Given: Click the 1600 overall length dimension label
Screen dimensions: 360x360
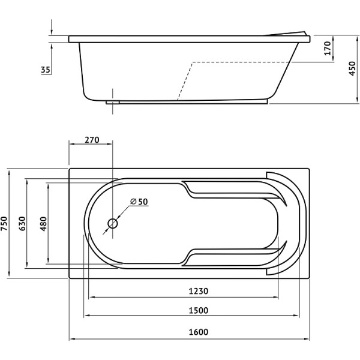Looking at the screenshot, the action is pos(199,332).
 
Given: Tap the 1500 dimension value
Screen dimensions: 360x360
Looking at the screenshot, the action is pos(199,310).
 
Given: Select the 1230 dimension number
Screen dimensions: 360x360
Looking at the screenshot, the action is pos(199,291).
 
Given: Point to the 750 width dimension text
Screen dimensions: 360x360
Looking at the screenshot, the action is pos(4,223).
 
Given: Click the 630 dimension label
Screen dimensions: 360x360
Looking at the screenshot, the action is pos(22,223).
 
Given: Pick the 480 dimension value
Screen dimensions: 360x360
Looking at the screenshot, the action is pos(43,224).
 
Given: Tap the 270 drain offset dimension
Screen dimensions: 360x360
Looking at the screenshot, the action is pos(92,140).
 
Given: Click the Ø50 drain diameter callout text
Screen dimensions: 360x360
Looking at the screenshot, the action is pos(139,202).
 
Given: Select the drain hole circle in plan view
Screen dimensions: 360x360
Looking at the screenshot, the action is pos(113,223).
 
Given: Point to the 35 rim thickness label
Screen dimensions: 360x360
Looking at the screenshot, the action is pos(46,70).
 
